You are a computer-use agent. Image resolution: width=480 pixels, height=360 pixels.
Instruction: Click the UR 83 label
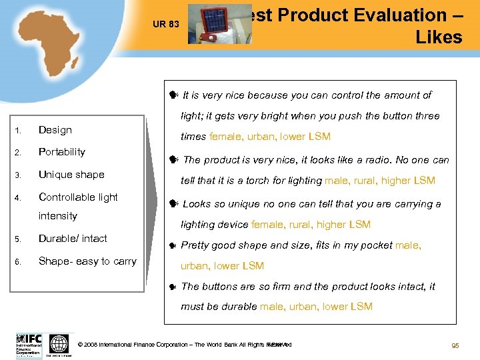click(165, 25)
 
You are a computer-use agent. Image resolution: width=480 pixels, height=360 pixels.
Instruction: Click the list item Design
click(55, 130)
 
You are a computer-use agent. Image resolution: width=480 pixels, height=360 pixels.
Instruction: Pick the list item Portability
click(62, 152)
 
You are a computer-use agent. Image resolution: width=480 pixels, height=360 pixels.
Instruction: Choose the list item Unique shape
click(71, 175)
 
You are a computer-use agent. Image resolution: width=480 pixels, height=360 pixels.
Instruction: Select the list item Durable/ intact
click(73, 239)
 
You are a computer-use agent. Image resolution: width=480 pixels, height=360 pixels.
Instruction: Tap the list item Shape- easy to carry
click(87, 261)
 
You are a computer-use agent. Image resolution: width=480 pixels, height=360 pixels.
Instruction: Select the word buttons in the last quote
click(219, 287)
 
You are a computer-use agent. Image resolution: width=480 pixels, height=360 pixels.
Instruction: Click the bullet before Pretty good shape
click(173, 245)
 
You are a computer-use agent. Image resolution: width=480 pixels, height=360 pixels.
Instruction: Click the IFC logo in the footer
click(29, 343)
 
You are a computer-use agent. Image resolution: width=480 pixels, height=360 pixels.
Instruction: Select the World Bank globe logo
click(59, 343)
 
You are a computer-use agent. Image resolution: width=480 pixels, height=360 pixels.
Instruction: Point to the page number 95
click(455, 345)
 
